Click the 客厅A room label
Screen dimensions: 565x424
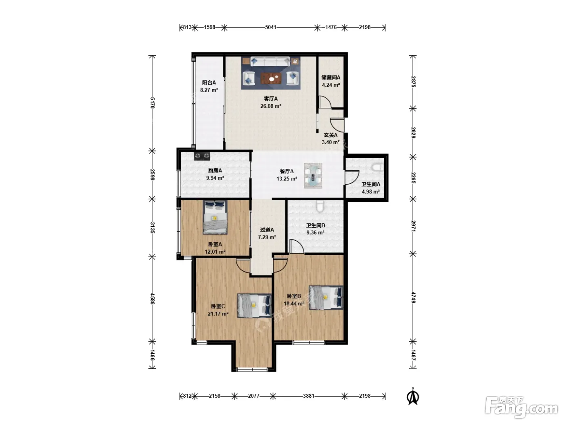(x=270, y=99)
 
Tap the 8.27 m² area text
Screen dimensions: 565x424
(x=209, y=90)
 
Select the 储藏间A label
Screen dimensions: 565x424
(x=331, y=77)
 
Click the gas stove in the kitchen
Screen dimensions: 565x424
(x=202, y=156)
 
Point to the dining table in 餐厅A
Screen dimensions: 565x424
(x=313, y=175)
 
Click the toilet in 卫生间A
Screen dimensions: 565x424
(x=378, y=168)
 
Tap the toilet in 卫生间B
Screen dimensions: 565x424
(x=320, y=206)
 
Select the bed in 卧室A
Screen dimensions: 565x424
(x=215, y=218)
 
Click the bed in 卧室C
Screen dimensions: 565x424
(x=254, y=306)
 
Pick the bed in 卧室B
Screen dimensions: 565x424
(x=326, y=297)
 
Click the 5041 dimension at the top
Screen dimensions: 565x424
(x=271, y=27)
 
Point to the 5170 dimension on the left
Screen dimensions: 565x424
(x=152, y=103)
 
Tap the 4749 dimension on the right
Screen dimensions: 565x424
(x=413, y=298)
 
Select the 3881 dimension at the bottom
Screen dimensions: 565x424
(x=309, y=396)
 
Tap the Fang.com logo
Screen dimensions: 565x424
(x=521, y=408)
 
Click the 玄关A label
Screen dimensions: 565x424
(x=331, y=135)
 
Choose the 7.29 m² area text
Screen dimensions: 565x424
(x=267, y=237)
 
